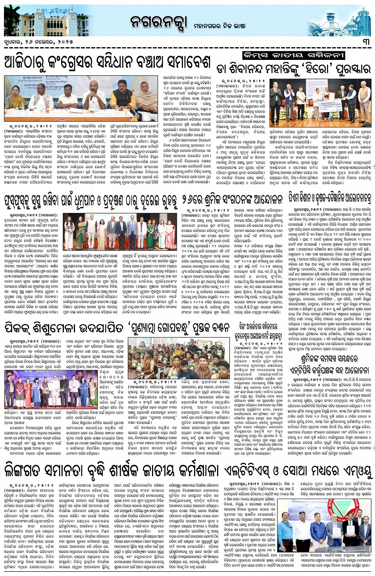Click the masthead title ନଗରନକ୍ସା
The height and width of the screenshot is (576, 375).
point(158,23)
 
